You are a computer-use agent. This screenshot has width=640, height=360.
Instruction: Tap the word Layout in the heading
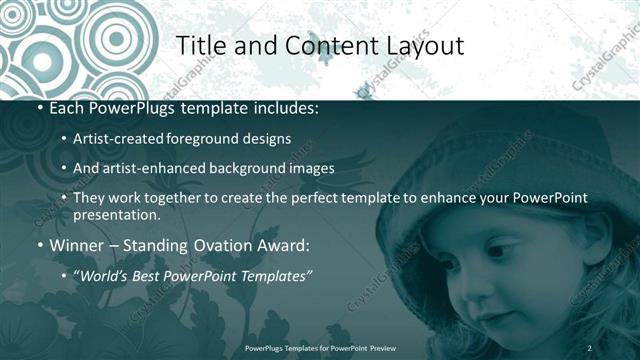tap(420, 46)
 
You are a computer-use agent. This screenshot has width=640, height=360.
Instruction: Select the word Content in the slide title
tap(324, 46)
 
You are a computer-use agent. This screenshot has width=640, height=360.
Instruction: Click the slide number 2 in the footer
tap(589, 347)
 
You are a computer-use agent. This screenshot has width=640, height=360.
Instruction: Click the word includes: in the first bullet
tap(288, 108)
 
